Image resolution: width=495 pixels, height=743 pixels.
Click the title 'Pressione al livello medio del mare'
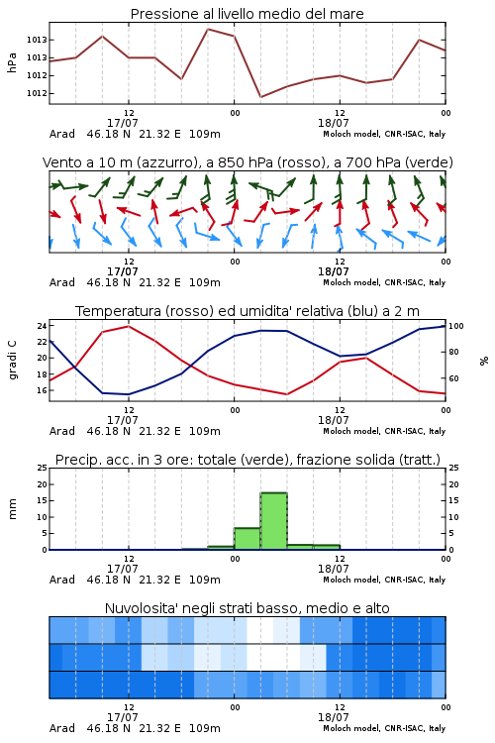click(x=247, y=14)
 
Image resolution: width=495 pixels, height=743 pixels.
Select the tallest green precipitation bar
click(x=274, y=521)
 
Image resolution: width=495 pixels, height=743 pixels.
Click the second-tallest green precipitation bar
click(x=247, y=539)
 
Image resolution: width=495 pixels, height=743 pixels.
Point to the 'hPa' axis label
click(x=12, y=62)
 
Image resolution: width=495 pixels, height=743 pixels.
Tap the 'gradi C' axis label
click(x=12, y=361)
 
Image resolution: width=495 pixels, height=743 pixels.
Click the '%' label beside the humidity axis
click(x=484, y=361)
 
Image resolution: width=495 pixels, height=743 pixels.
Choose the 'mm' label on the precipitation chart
click(x=12, y=509)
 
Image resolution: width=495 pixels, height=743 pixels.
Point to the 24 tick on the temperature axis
click(x=42, y=326)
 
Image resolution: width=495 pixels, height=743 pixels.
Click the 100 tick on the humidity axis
click(x=455, y=326)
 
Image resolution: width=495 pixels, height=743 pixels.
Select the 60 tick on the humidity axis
click(x=453, y=378)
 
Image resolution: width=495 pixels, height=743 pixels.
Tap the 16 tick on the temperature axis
click(x=42, y=390)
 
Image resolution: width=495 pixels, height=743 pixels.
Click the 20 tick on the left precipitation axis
click(x=42, y=484)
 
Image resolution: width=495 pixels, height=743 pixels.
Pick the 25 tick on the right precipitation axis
click(x=453, y=468)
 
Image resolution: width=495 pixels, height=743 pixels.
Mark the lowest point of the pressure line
click(x=260, y=97)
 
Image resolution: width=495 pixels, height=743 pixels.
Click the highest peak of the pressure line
click(x=208, y=29)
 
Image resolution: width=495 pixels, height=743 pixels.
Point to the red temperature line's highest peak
click(x=129, y=326)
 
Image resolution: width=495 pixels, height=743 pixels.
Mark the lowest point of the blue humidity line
click(x=129, y=394)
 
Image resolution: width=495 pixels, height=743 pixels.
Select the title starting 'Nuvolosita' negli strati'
click(x=247, y=608)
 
